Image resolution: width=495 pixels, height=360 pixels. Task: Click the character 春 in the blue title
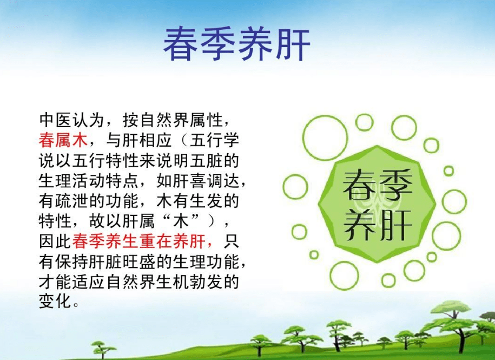[x=182, y=43]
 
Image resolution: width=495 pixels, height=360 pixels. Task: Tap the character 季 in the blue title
[x=220, y=43]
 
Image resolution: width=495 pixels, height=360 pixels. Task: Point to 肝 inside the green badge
[x=394, y=222]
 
